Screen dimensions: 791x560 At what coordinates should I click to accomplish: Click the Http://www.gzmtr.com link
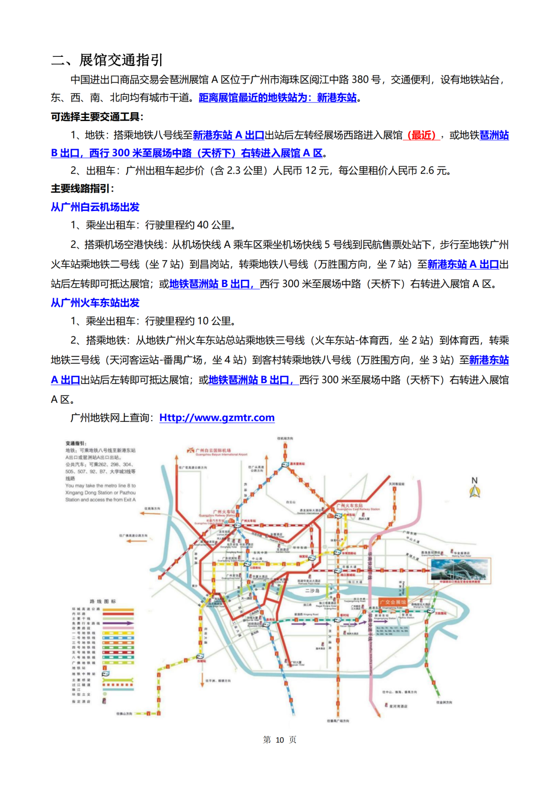point(217,418)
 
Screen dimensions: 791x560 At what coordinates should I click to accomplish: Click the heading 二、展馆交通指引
point(107,60)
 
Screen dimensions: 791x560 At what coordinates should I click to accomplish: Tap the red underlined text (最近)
point(421,135)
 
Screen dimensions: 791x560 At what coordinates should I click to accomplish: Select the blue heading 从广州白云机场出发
point(95,207)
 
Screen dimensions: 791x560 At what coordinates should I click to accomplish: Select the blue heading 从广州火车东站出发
point(95,302)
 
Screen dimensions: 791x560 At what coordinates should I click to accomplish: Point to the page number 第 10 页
point(280,739)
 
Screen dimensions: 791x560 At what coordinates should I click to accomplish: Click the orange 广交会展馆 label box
point(392,602)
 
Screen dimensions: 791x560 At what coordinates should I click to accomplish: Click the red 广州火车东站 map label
point(350,506)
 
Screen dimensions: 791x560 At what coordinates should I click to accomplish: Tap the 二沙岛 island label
point(312,590)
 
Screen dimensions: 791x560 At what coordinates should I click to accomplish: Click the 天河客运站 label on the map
point(396,484)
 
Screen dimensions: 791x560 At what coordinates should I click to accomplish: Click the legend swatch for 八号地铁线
point(118,657)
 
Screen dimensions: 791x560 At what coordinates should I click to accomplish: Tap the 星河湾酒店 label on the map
point(399,706)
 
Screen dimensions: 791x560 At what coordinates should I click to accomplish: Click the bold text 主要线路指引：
point(82,188)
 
